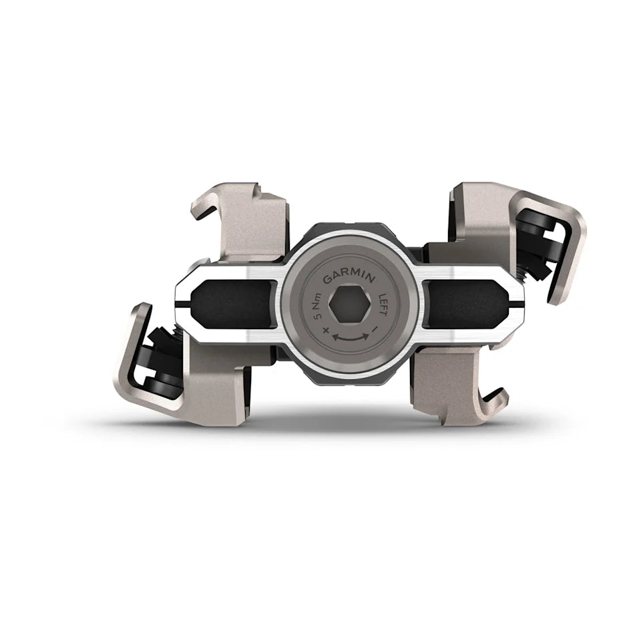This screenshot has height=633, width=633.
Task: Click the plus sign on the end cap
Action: coord(325,332)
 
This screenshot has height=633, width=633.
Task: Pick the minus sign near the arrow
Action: coord(376,330)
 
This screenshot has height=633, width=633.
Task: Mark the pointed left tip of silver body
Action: coord(177,304)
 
